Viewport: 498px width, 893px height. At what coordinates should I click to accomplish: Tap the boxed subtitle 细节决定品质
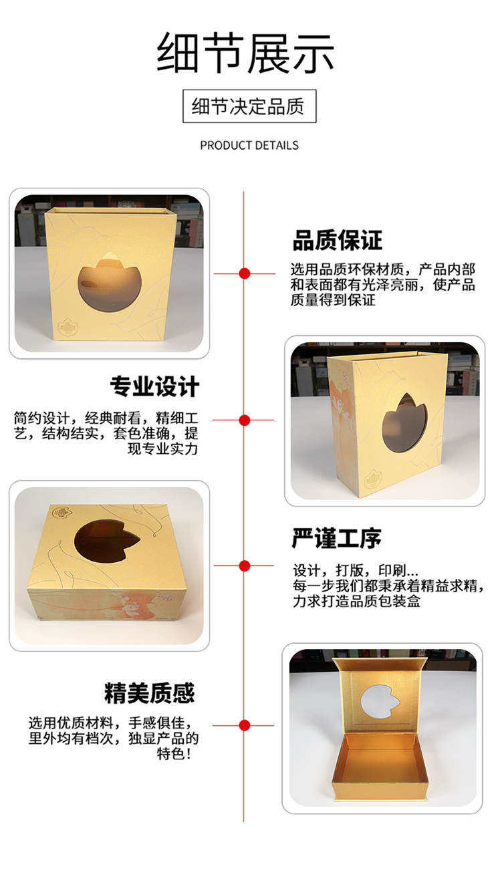pyautogui.click(x=249, y=106)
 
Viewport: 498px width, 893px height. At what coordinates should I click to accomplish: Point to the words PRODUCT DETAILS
pyautogui.click(x=249, y=145)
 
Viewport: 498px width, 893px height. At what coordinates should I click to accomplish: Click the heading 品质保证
pyautogui.click(x=338, y=240)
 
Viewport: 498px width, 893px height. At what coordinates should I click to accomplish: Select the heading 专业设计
pyautogui.click(x=154, y=386)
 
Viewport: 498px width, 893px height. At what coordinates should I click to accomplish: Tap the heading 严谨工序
pyautogui.click(x=337, y=538)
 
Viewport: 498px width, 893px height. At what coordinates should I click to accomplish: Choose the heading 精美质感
pyautogui.click(x=150, y=692)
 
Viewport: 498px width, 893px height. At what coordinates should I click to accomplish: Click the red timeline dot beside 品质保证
pyautogui.click(x=245, y=273)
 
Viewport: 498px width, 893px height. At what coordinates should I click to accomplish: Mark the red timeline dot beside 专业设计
pyautogui.click(x=245, y=420)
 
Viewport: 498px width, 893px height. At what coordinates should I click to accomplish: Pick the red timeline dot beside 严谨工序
pyautogui.click(x=245, y=565)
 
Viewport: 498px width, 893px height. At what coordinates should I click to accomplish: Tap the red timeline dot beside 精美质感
pyautogui.click(x=245, y=725)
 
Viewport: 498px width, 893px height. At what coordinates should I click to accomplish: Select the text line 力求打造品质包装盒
pyautogui.click(x=356, y=601)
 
